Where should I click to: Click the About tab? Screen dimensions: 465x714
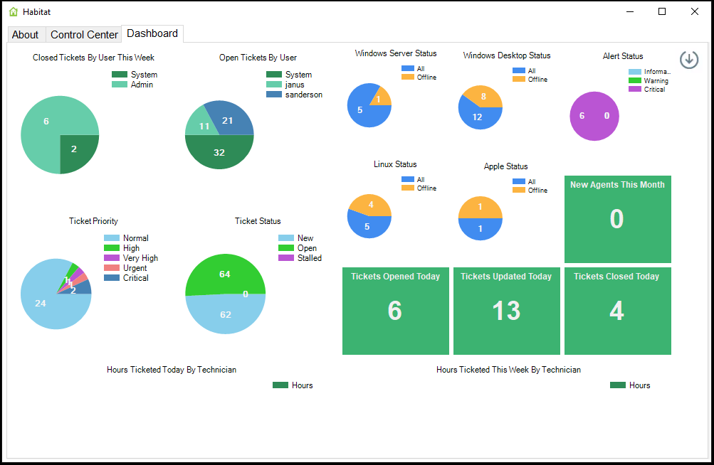26,34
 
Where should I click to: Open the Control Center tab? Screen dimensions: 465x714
84,34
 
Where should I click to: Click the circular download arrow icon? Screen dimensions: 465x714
688,60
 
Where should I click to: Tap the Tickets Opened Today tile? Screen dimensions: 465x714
395,311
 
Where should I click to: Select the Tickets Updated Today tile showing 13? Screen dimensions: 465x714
506,311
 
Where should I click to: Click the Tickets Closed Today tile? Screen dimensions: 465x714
617,311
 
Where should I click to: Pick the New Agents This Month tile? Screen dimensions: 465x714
617,219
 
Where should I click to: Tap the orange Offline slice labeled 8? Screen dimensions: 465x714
482,97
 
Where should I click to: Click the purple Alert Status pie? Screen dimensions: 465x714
594,116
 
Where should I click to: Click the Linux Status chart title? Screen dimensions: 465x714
395,164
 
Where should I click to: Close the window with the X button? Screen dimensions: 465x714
694,11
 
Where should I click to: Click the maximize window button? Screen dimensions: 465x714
661,11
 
